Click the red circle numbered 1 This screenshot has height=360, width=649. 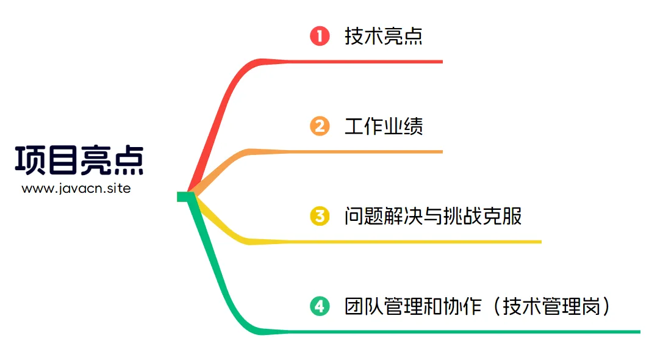(x=320, y=36)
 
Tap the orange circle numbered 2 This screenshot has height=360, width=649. (x=320, y=126)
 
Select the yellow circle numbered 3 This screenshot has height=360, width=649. (x=320, y=216)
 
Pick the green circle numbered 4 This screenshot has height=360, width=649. (x=320, y=306)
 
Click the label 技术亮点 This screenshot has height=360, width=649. (x=383, y=36)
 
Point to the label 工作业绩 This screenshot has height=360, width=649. (x=383, y=126)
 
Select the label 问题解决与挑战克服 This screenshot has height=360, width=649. (x=432, y=216)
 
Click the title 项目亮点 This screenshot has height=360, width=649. (x=79, y=160)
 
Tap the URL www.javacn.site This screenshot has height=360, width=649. (x=76, y=189)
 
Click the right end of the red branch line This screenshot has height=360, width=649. (x=442, y=62)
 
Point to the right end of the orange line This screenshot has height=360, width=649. (x=442, y=151)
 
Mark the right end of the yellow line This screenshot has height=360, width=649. (x=540, y=242)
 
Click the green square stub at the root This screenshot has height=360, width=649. (x=182, y=196)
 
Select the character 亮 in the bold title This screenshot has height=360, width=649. (x=95, y=160)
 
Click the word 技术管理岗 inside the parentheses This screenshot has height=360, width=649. (x=551, y=306)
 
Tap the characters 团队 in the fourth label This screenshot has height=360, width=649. (x=364, y=306)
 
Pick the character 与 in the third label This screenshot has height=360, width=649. (x=432, y=216)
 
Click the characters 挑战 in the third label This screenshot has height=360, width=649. (x=462, y=216)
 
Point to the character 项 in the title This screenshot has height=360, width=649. (x=30, y=160)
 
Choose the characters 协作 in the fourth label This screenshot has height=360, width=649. (x=462, y=306)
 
